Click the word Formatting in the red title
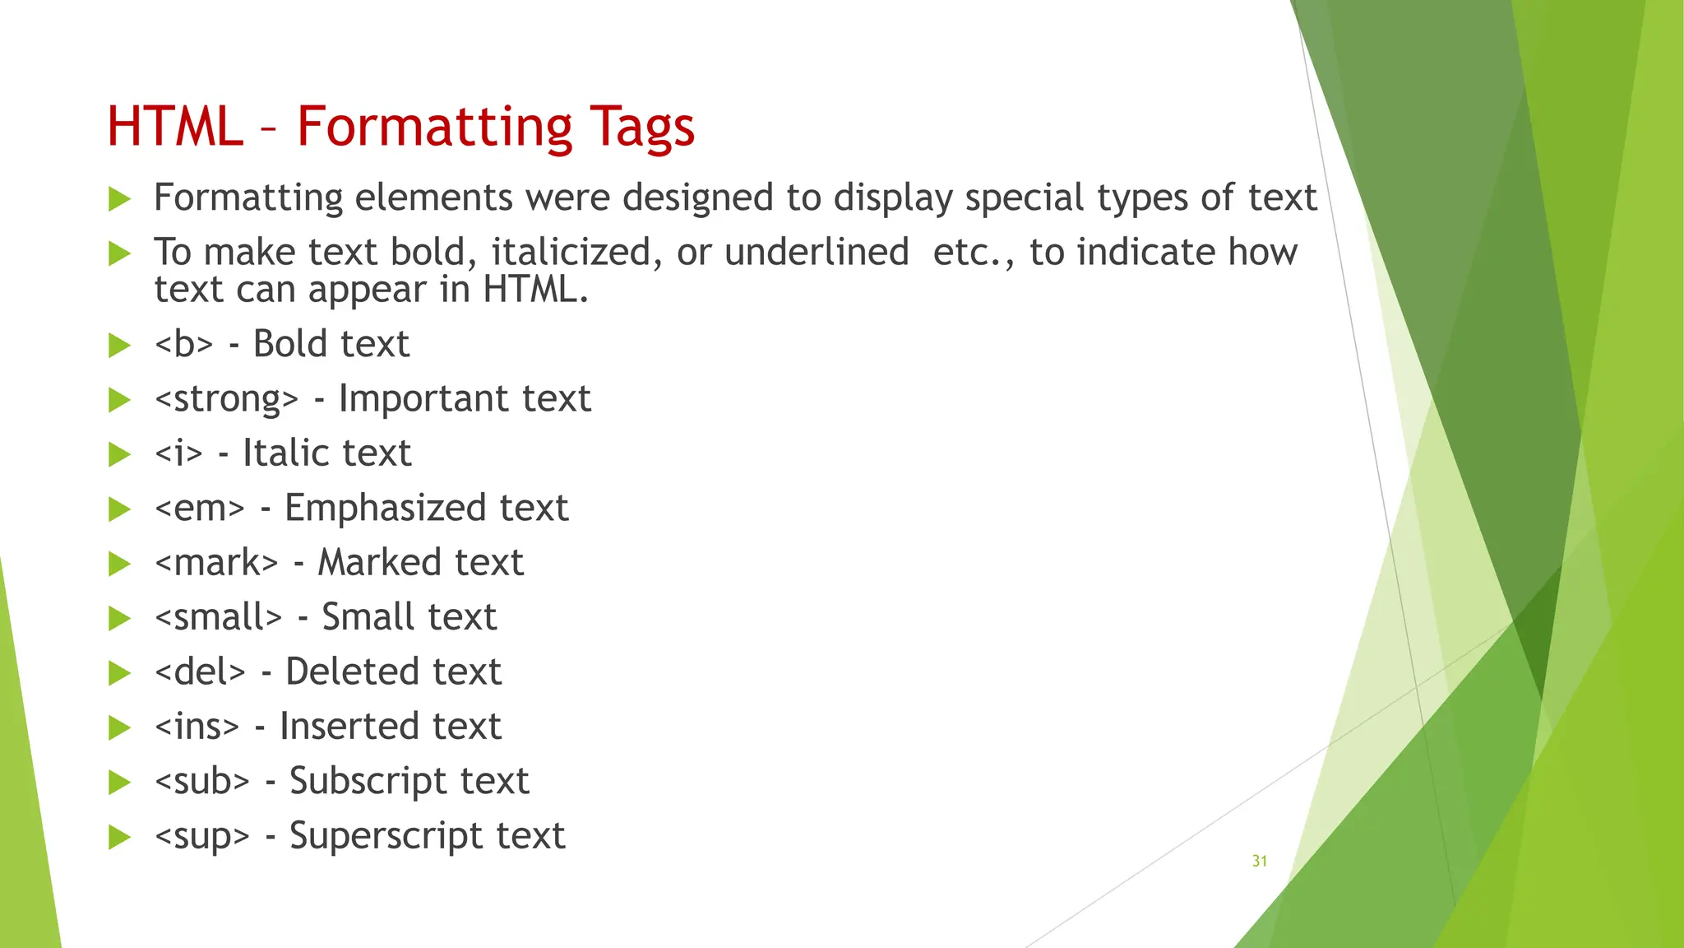(433, 128)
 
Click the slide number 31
(1259, 861)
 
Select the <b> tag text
(183, 344)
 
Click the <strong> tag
(226, 399)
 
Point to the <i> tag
(178, 453)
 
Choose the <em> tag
(199, 509)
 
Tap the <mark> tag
(216, 563)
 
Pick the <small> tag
(218, 617)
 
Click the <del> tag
(200, 672)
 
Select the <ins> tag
(197, 727)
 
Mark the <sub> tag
(201, 781)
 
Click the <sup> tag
(201, 836)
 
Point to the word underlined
(817, 252)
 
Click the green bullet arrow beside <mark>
(120, 564)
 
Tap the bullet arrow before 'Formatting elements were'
(120, 198)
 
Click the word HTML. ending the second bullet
(535, 290)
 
